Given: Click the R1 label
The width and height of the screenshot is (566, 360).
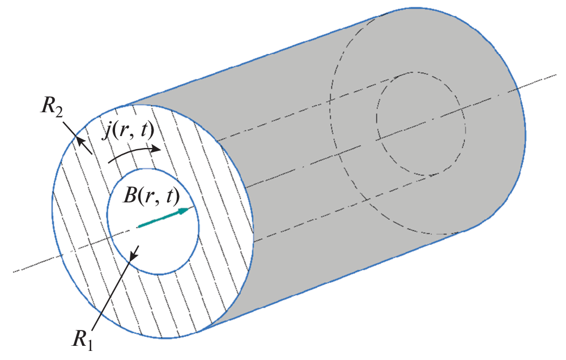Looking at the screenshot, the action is pos(83,340).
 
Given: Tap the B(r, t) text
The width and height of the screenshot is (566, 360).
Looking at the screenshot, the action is pos(151,196).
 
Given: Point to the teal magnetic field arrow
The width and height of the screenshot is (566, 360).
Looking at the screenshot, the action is pos(164,217).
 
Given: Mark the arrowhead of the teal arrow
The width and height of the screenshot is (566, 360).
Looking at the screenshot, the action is pos(184,210).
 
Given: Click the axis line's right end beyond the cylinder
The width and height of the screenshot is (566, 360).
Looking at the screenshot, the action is pos(556,75).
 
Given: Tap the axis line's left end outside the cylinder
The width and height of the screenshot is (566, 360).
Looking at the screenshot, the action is pos(14,272).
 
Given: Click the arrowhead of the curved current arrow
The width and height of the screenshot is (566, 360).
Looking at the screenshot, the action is pos(156,149).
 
